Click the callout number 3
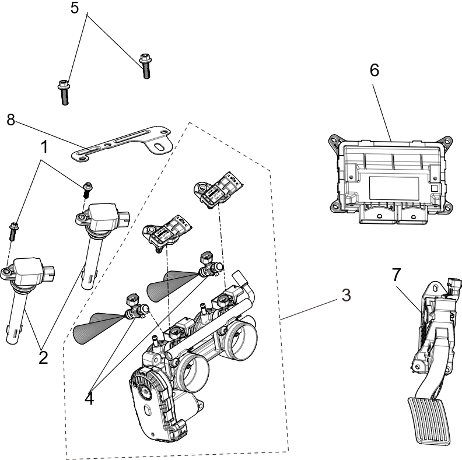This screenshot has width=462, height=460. point(346,296)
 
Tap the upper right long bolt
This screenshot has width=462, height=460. point(145,65)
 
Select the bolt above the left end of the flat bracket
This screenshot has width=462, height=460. point(63,92)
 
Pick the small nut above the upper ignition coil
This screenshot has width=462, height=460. point(87,187)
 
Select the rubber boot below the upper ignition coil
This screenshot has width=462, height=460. point(87,279)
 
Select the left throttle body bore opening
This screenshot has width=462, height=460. point(192,374)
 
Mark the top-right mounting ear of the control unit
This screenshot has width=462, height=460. point(446,142)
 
